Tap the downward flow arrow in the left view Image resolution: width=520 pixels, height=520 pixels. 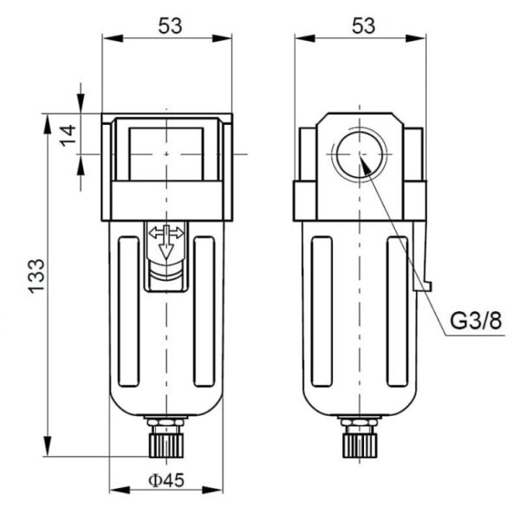(166, 252)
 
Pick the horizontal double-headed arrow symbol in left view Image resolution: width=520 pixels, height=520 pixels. (166, 233)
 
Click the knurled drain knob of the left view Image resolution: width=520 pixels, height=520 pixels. (166, 444)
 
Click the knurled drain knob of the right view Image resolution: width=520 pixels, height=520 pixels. (358, 444)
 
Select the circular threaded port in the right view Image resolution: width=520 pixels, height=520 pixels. (359, 153)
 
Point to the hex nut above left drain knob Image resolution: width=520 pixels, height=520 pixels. (166, 425)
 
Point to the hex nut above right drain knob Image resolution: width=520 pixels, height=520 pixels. (358, 425)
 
